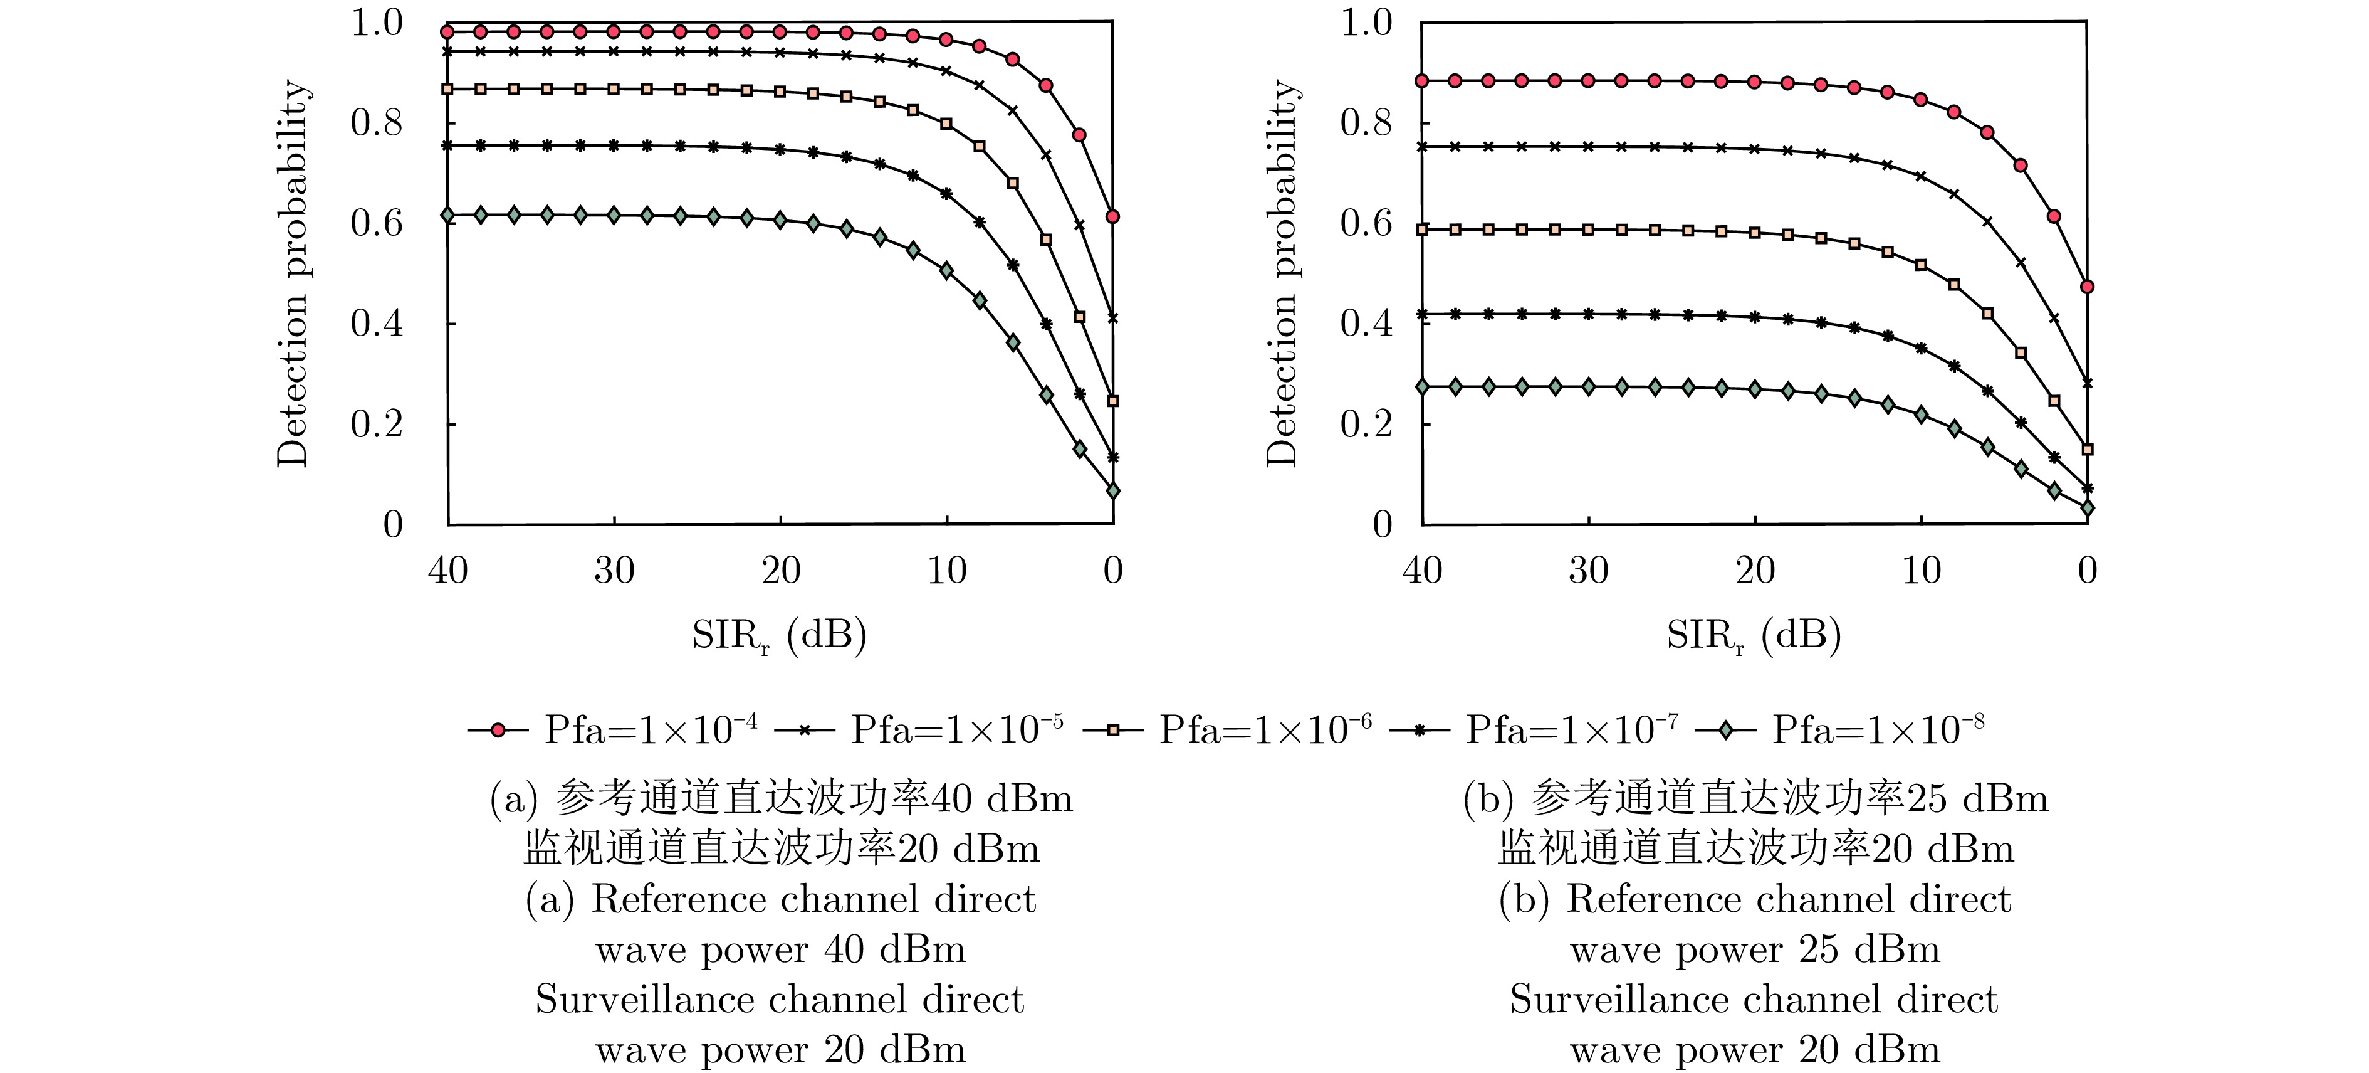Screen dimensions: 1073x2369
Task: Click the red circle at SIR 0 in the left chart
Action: click(x=1113, y=217)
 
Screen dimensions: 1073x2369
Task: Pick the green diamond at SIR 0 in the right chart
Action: click(x=2087, y=508)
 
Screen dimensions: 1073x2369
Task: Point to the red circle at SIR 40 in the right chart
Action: click(x=1422, y=81)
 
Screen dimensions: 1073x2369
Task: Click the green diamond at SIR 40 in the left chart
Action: click(x=448, y=215)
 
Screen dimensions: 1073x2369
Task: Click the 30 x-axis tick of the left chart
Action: click(x=614, y=571)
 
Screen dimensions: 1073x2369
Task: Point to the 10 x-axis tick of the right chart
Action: click(x=1921, y=571)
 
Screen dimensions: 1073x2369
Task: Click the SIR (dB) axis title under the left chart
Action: click(x=779, y=635)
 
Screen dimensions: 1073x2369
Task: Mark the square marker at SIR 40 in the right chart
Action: click(x=1422, y=229)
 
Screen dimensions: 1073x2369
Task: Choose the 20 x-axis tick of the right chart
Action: click(x=1755, y=571)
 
